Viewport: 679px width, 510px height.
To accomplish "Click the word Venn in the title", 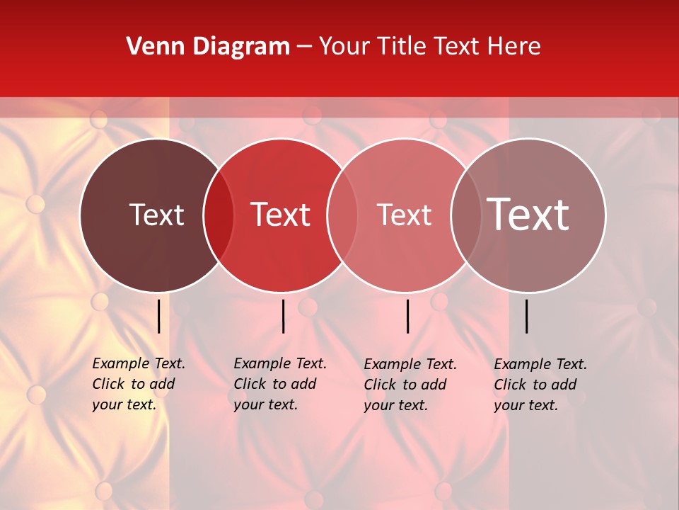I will click(151, 47).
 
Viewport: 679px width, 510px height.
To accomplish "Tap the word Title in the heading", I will click(402, 47).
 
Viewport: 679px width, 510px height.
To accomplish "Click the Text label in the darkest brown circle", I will click(156, 215).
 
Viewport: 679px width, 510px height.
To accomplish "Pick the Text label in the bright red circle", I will click(281, 215).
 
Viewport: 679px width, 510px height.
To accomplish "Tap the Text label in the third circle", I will click(404, 215).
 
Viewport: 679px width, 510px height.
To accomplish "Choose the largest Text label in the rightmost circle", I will click(528, 215).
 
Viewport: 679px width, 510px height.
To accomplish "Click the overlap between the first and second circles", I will click(219, 215).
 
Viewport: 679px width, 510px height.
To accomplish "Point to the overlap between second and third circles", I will click(342, 215).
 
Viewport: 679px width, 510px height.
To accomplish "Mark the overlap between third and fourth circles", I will click(466, 215).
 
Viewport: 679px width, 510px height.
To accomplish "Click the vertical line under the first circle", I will click(159, 316).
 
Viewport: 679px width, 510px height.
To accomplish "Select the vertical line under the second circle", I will click(283, 316).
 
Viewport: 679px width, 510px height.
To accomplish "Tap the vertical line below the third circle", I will click(408, 316).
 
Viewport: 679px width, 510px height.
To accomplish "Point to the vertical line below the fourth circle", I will click(527, 316).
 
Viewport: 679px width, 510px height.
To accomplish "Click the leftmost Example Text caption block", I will click(138, 384).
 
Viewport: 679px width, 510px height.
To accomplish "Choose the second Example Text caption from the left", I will click(279, 384).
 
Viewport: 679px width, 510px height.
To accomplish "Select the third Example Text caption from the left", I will click(410, 385).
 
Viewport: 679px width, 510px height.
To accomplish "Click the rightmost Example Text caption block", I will click(540, 385).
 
